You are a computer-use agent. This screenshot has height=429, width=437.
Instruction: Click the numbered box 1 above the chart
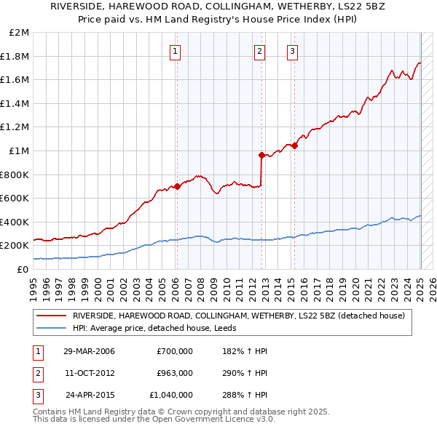(176, 51)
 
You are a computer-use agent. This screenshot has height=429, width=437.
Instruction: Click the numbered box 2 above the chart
(260, 51)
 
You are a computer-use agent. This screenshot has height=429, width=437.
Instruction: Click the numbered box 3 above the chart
(292, 51)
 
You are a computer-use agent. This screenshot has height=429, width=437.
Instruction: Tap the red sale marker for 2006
(177, 186)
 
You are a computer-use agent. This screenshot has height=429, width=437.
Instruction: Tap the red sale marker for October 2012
(261, 155)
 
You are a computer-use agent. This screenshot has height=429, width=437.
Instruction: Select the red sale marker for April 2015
(294, 146)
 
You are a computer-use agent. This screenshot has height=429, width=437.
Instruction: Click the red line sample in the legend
(52, 316)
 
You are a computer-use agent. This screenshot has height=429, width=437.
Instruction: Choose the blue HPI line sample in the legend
(52, 328)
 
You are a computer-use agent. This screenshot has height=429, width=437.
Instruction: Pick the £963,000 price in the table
(175, 373)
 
